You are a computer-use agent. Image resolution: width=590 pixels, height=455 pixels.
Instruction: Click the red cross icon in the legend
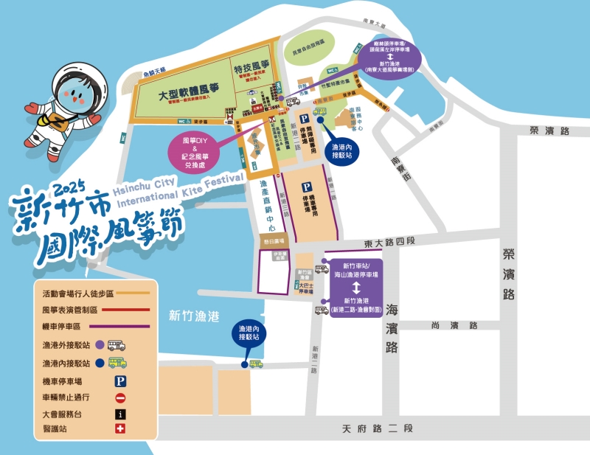[120, 430]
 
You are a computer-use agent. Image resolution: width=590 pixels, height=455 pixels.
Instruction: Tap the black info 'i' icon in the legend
[120, 414]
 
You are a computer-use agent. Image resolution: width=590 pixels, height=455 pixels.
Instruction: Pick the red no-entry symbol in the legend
[120, 398]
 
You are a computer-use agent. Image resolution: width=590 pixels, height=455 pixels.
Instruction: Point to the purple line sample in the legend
[119, 326]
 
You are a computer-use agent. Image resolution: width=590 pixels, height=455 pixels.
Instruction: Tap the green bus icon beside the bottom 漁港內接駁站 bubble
[256, 364]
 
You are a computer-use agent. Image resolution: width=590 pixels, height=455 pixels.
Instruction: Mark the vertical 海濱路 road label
[392, 322]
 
